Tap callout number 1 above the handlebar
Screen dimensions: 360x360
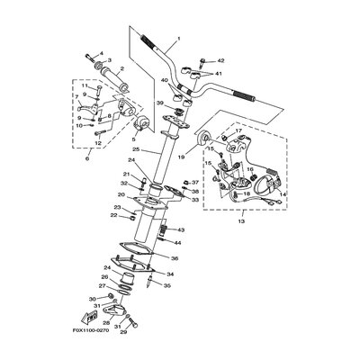pos(179,38)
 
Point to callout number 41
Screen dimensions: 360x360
pos(220,72)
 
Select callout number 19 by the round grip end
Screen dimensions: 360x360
pos(181,157)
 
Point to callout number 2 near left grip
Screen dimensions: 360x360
pos(121,68)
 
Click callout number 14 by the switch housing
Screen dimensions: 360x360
pos(284,193)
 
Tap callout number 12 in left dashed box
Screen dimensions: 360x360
pos(99,142)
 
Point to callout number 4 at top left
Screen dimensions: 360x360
pos(100,54)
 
